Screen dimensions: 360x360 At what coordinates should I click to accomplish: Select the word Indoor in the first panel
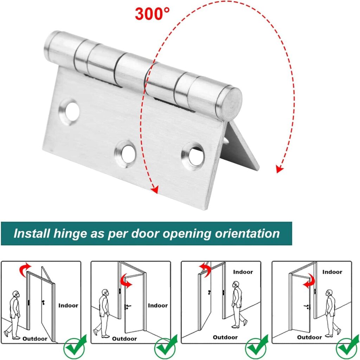68,306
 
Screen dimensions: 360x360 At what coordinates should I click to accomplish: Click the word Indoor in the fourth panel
332,272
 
